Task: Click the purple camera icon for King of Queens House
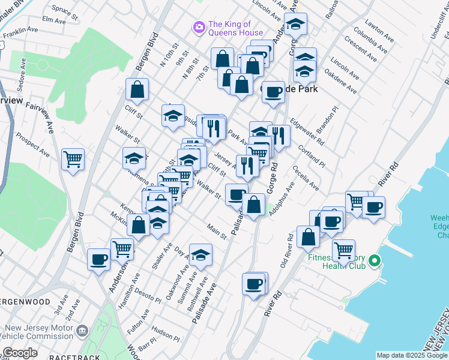pos(199,28)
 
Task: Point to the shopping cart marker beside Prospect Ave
pos(73,159)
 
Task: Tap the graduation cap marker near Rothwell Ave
pos(200,254)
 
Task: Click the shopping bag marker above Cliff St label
pos(137,89)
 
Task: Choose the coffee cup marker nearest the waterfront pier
pos(373,208)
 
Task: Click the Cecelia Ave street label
pos(306,178)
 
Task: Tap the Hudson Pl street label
pos(166,334)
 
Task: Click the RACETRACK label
pos(71,357)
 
